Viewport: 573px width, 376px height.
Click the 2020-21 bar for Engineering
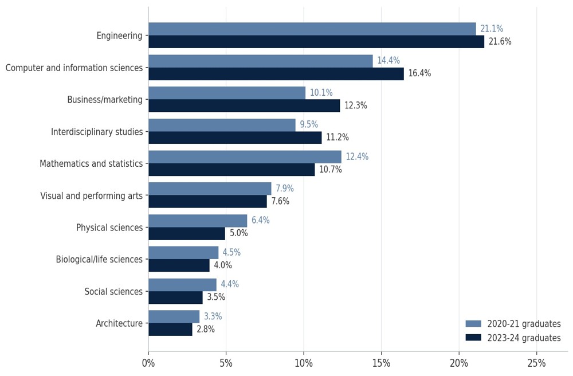(312, 29)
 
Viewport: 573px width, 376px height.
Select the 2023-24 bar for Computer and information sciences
(276, 74)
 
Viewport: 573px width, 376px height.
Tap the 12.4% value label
(357, 156)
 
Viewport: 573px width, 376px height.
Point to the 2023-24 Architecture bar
(170, 330)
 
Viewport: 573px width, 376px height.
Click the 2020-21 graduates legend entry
(513, 324)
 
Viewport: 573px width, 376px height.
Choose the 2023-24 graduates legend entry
(513, 338)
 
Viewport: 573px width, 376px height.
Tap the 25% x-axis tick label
(536, 363)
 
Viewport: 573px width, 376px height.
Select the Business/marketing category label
(105, 100)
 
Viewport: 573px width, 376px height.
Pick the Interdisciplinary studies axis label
(97, 132)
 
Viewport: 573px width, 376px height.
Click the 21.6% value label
(500, 42)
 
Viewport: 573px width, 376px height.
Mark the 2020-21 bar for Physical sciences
(198, 221)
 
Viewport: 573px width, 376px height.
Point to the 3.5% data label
(216, 297)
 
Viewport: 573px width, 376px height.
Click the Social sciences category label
(113, 292)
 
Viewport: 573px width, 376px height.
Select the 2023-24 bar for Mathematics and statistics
(231, 170)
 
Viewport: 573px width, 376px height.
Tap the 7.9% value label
(285, 189)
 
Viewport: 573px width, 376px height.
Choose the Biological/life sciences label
(99, 260)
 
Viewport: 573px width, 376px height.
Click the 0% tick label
(148, 363)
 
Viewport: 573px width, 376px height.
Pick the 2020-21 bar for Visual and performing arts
(210, 189)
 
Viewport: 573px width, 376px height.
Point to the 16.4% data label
(419, 73)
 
